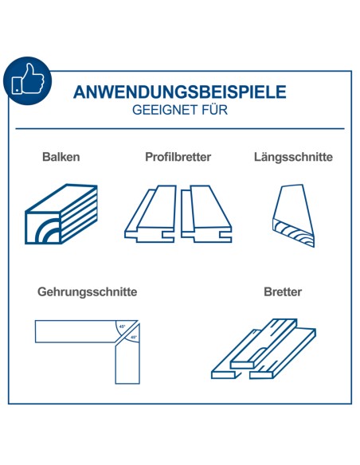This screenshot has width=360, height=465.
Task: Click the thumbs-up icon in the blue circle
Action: coord(28,80)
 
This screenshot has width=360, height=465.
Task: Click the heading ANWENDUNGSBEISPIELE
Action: coord(180,92)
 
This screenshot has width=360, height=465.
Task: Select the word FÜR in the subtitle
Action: coord(215,109)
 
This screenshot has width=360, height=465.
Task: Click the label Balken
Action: coord(61,157)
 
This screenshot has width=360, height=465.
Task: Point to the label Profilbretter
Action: coord(178,157)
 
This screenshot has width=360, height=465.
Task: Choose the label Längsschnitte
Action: coord(293,157)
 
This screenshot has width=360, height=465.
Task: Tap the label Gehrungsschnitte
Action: coord(87,291)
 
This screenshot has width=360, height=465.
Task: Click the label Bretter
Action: coord(283,291)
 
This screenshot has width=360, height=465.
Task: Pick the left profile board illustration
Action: coord(151,214)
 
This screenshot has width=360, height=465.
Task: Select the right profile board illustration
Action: coord(206,214)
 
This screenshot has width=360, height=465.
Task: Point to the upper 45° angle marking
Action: coord(122,326)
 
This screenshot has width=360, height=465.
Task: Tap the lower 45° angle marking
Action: coord(133,337)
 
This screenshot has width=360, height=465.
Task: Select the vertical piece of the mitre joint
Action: coord(127,361)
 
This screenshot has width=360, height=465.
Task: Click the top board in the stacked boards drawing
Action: coord(264,344)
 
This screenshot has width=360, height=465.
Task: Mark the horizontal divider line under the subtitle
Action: coord(180,129)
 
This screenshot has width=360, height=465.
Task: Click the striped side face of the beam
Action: coord(79,213)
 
